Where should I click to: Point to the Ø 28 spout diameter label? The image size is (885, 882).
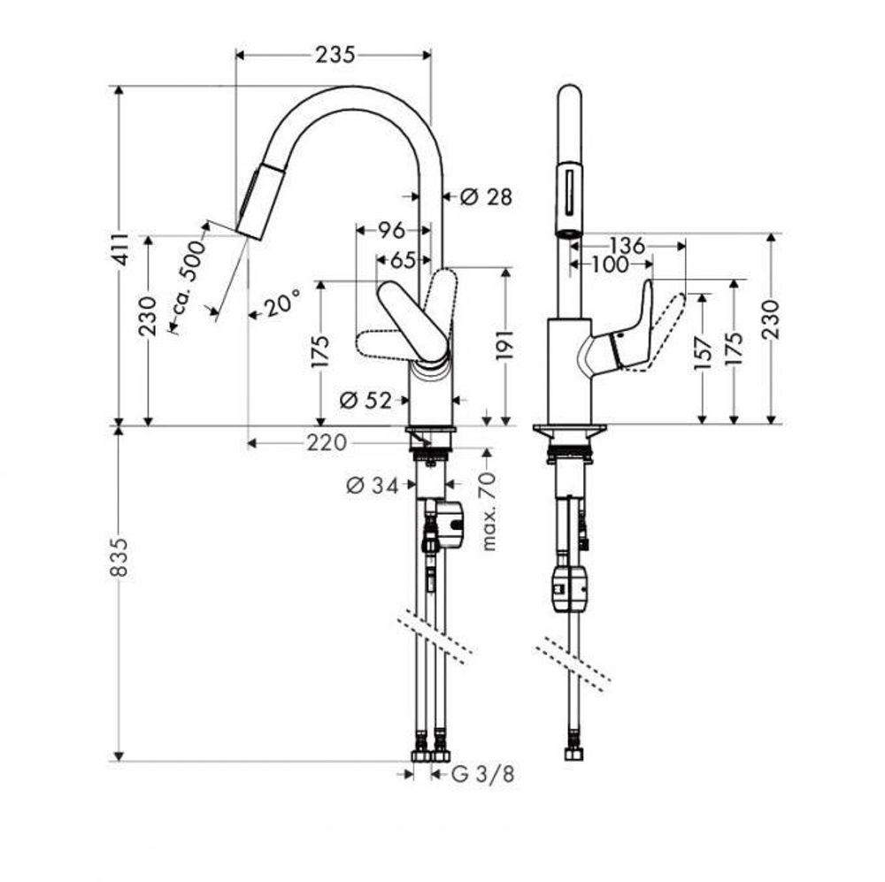[x=487, y=196]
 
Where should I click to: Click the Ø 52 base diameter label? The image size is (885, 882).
[x=366, y=401]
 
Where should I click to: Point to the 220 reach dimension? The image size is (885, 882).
[x=327, y=443]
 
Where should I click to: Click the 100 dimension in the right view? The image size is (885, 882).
[x=609, y=264]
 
